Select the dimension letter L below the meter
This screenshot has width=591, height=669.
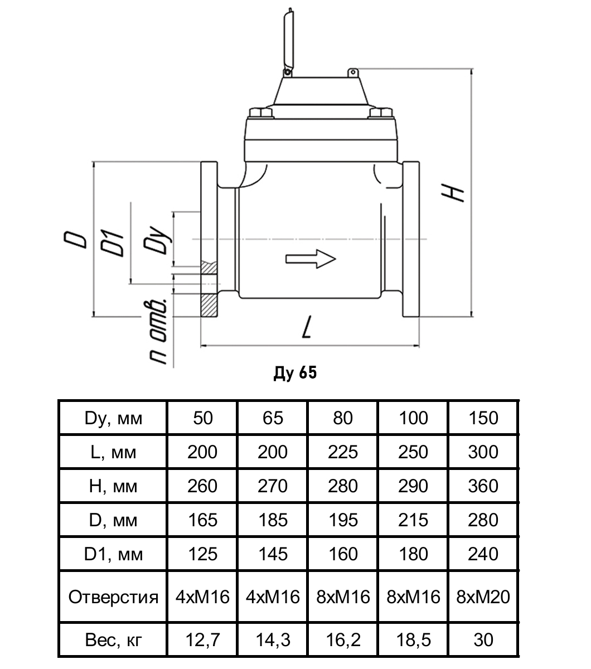coord(306,329)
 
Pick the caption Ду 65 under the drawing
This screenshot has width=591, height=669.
coord(295,373)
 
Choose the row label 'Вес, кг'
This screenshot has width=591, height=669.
coord(113,639)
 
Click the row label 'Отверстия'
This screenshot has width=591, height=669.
coord(113,597)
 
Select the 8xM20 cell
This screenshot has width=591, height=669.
coord(483,597)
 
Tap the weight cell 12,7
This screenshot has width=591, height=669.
coord(202,639)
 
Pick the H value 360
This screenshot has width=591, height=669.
coord(483,486)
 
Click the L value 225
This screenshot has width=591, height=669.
coord(343,452)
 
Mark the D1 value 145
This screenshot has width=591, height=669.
coord(273,554)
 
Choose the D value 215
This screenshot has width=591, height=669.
coord(413,520)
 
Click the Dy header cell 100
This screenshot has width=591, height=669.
coord(413,418)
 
